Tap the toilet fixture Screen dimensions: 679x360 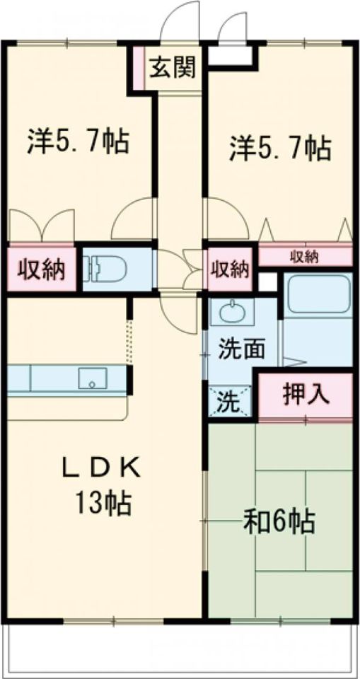pos(106,268)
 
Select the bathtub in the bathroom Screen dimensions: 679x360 pos(318,297)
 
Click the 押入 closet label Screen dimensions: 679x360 pos(306,395)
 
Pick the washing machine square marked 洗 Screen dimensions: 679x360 pos(229,402)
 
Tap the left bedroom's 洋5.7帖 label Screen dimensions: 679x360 pos(78,141)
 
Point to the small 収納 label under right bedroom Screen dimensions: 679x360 pos(305,256)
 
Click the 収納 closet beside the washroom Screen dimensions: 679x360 pos(229,269)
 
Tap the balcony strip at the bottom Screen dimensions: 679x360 pos(180,647)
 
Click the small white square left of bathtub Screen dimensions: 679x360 pos(267,282)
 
